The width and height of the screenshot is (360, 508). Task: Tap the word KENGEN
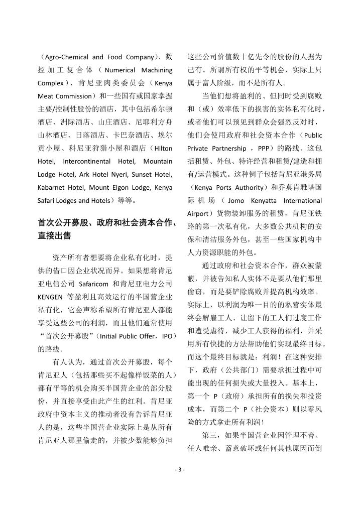(50, 297)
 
